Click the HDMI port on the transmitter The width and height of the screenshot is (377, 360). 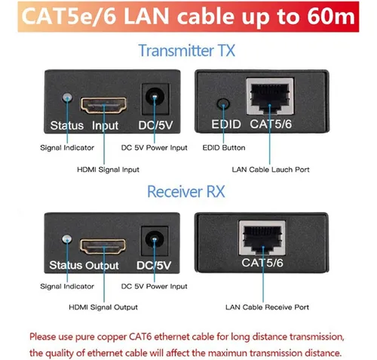pos(103,105)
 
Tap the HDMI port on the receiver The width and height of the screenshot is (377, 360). pos(103,246)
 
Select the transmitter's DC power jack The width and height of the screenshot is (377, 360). pos(155,99)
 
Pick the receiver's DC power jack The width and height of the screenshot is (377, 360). pos(155,241)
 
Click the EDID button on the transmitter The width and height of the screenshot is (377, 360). pos(223,103)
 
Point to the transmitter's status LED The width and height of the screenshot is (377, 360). pos(67,97)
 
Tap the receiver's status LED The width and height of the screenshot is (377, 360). pos(67,239)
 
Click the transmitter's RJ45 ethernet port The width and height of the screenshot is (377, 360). pos(270,96)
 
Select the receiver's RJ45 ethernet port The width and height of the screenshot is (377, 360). pos(262,238)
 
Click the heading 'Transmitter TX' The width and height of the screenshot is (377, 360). pos(187,51)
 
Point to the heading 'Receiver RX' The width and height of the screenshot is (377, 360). pos(186,192)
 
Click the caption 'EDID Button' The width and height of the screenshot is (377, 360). pos(224,148)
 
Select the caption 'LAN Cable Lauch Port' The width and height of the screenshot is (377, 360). pos(271,169)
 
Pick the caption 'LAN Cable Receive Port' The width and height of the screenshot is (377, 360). pos(267,307)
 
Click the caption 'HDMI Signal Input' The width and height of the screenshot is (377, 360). pos(108,170)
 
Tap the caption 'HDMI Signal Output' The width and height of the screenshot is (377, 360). pos(103,307)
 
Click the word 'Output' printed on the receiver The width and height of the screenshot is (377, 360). pos(102,266)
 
